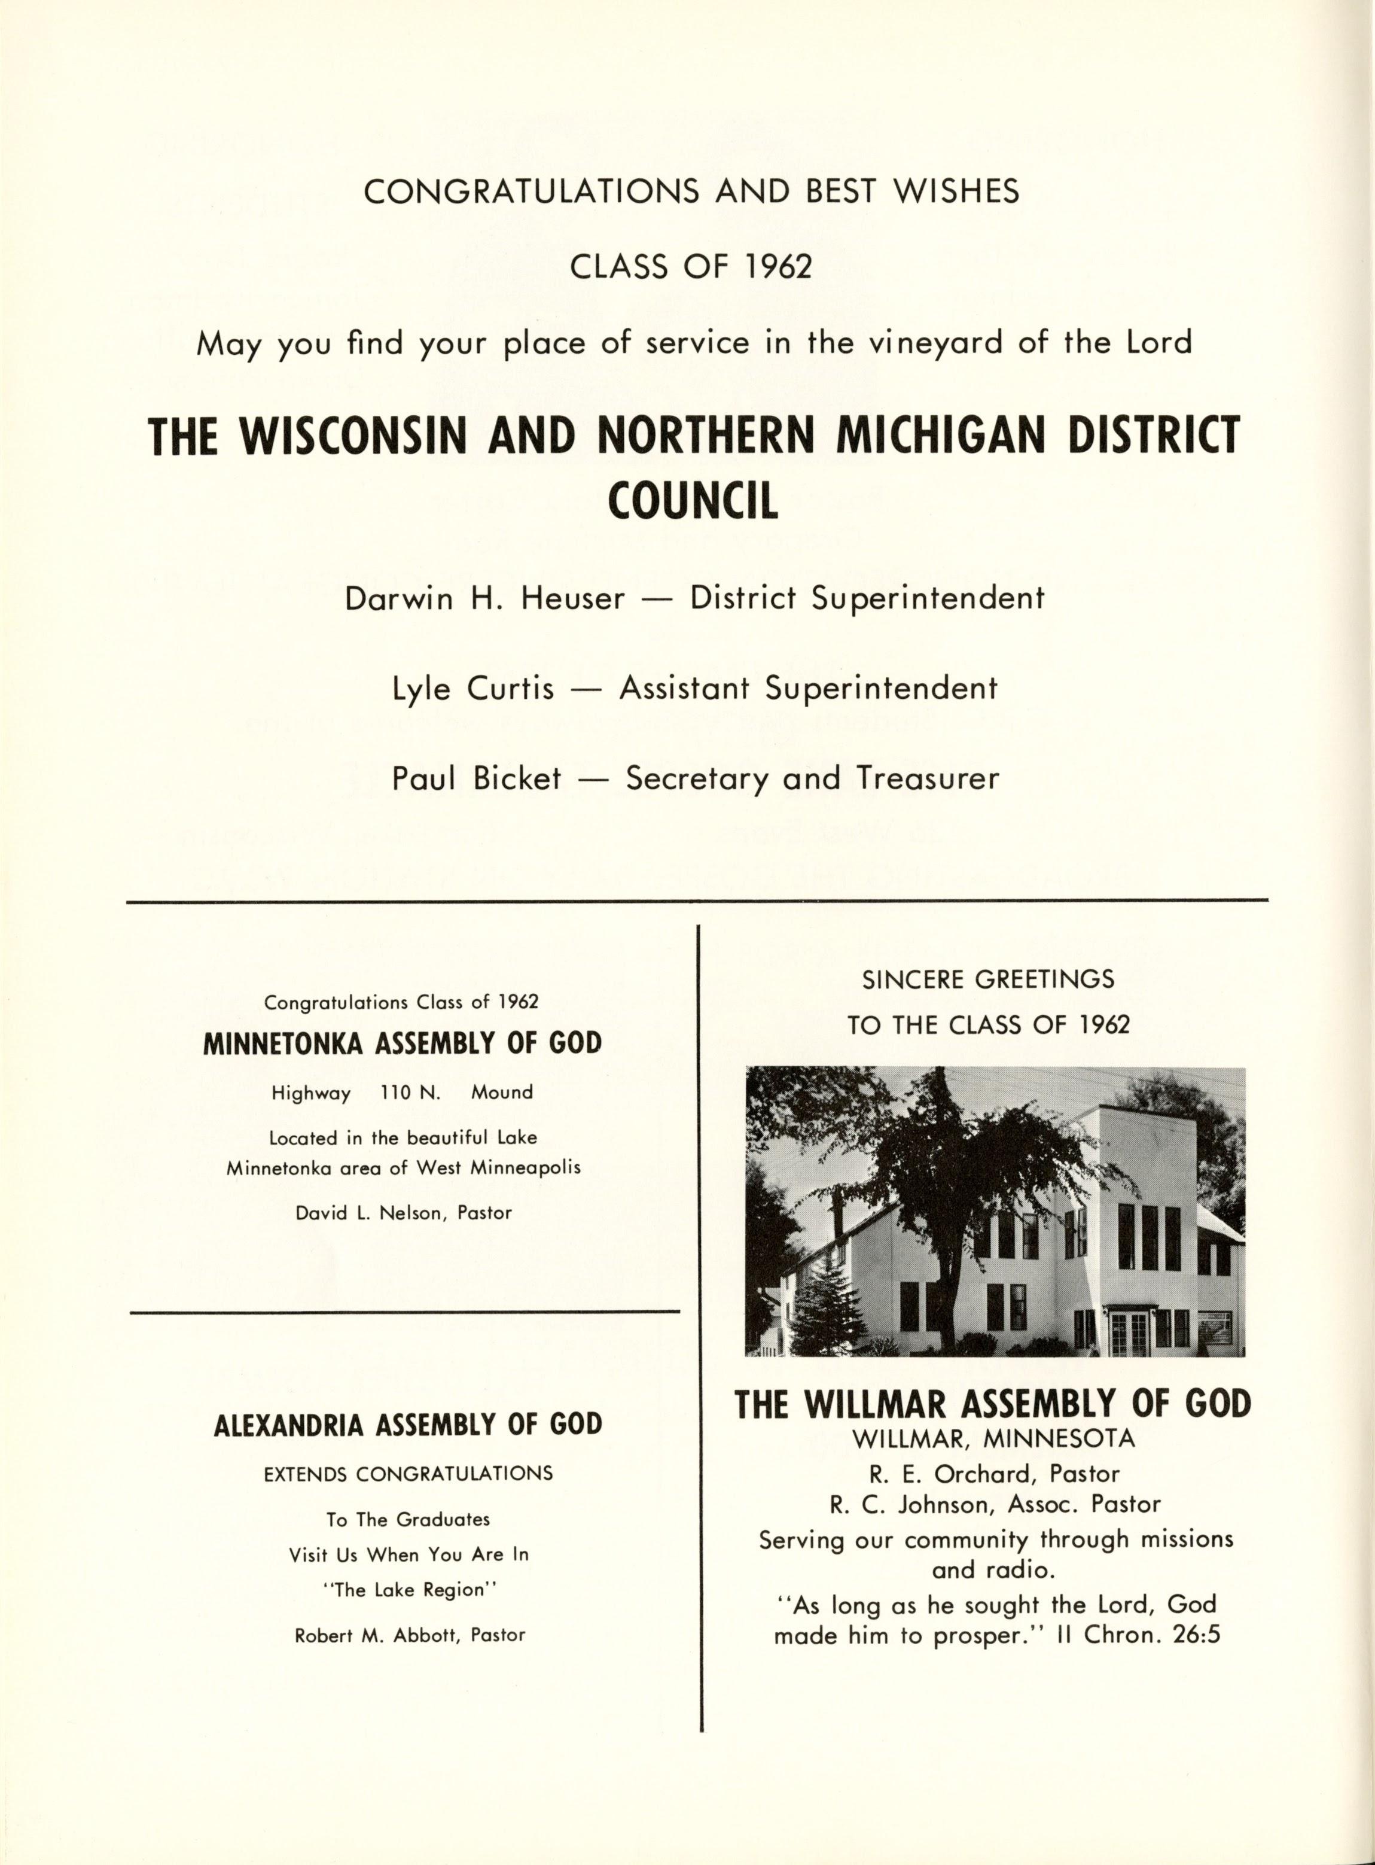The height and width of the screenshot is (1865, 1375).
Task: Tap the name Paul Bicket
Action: click(x=476, y=778)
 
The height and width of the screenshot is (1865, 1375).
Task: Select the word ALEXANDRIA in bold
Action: click(x=288, y=1425)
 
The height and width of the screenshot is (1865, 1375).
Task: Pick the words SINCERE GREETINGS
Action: click(x=988, y=979)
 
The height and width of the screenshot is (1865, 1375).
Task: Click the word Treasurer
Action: click(x=928, y=778)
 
